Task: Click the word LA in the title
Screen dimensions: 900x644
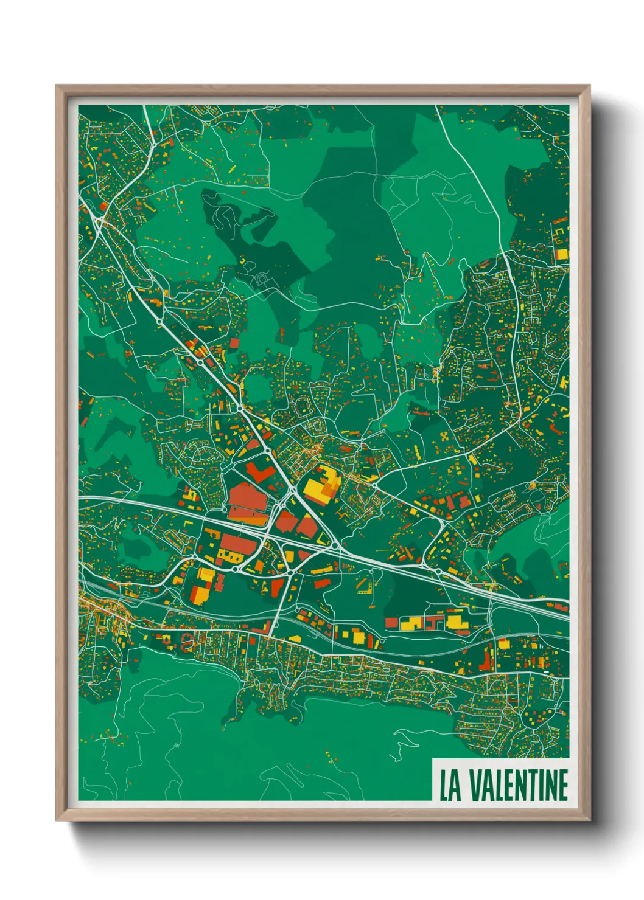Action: coord(450,785)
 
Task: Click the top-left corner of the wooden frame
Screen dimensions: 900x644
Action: coord(57,86)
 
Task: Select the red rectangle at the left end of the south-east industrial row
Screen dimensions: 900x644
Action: coord(391,622)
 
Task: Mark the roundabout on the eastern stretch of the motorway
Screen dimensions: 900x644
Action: coord(438,572)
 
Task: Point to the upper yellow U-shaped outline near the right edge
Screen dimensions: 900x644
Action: coord(558,232)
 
